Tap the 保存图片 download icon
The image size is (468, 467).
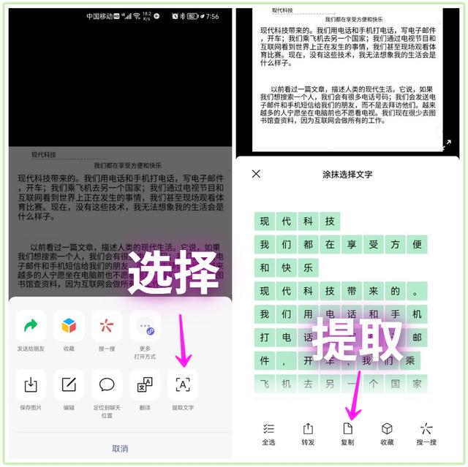[31, 384]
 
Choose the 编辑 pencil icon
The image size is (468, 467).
[69, 384]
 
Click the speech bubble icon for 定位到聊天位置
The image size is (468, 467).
[107, 384]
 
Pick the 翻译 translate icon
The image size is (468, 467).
[145, 384]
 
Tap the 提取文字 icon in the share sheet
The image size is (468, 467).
[183, 384]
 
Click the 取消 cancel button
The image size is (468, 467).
[120, 448]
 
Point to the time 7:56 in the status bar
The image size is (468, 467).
[212, 16]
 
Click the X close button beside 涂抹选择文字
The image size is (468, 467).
[256, 174]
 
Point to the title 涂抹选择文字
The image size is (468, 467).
[347, 175]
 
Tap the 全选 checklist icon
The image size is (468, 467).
[268, 429]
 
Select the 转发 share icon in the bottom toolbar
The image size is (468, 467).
[308, 429]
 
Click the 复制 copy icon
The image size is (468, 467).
[347, 429]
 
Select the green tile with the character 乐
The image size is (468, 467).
[309, 267]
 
